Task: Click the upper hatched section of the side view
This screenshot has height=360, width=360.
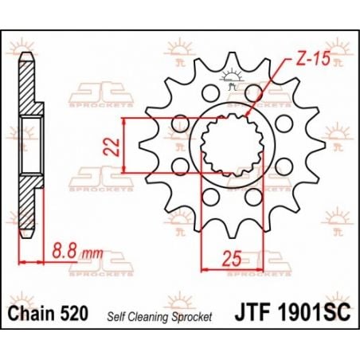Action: (x=29, y=88)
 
